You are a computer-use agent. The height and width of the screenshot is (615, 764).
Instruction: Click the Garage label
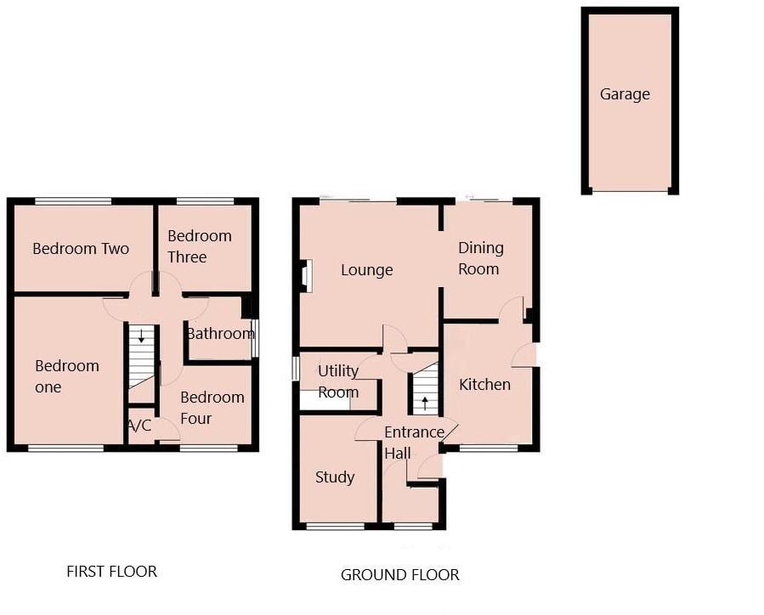pyautogui.click(x=625, y=94)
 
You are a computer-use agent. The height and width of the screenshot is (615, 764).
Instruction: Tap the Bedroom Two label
pyautogui.click(x=81, y=249)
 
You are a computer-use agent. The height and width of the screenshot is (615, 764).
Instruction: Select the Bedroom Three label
pyautogui.click(x=199, y=246)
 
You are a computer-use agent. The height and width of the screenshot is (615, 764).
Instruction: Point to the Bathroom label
pyautogui.click(x=220, y=334)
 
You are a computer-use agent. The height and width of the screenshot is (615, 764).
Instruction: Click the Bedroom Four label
pyautogui.click(x=212, y=408)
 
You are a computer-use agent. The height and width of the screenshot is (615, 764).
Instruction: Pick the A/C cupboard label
pyautogui.click(x=140, y=425)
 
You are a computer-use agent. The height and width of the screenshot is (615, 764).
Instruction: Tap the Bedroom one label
pyautogui.click(x=66, y=376)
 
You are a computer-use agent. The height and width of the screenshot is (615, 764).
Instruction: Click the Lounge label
pyautogui.click(x=366, y=270)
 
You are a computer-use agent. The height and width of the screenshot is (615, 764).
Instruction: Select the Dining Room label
pyautogui.click(x=480, y=258)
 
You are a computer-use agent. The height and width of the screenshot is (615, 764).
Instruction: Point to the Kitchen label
pyautogui.click(x=484, y=385)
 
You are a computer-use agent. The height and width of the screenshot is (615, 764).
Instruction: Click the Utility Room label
pyautogui.click(x=337, y=381)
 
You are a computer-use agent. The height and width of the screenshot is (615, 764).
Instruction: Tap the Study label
pyautogui.click(x=335, y=477)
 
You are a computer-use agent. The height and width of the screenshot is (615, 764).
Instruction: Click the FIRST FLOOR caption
pyautogui.click(x=111, y=572)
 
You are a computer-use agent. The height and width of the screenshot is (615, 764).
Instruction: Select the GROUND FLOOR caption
pyautogui.click(x=399, y=575)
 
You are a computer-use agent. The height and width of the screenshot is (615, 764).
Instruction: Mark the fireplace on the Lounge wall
pyautogui.click(x=306, y=275)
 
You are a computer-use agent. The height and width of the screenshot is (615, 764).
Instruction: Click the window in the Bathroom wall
pyautogui.click(x=255, y=337)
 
